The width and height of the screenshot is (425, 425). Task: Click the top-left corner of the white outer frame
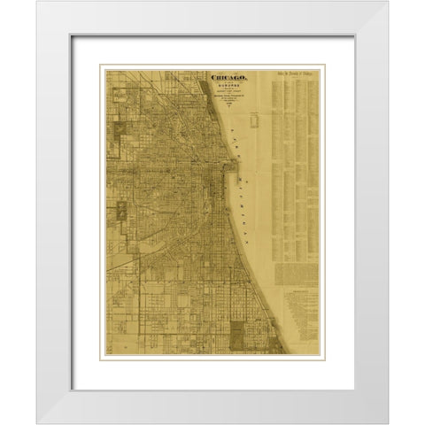pyautogui.click(x=37, y=2)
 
